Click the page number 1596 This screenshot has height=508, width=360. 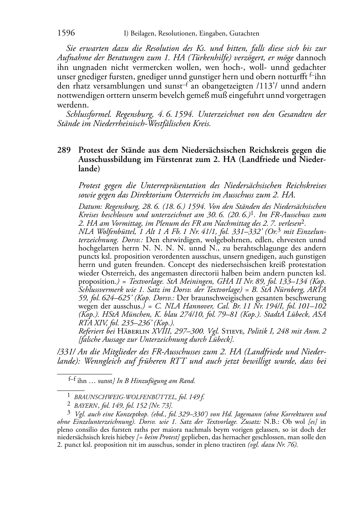tap(66, 33)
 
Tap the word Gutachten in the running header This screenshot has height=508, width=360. tap(243, 34)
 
